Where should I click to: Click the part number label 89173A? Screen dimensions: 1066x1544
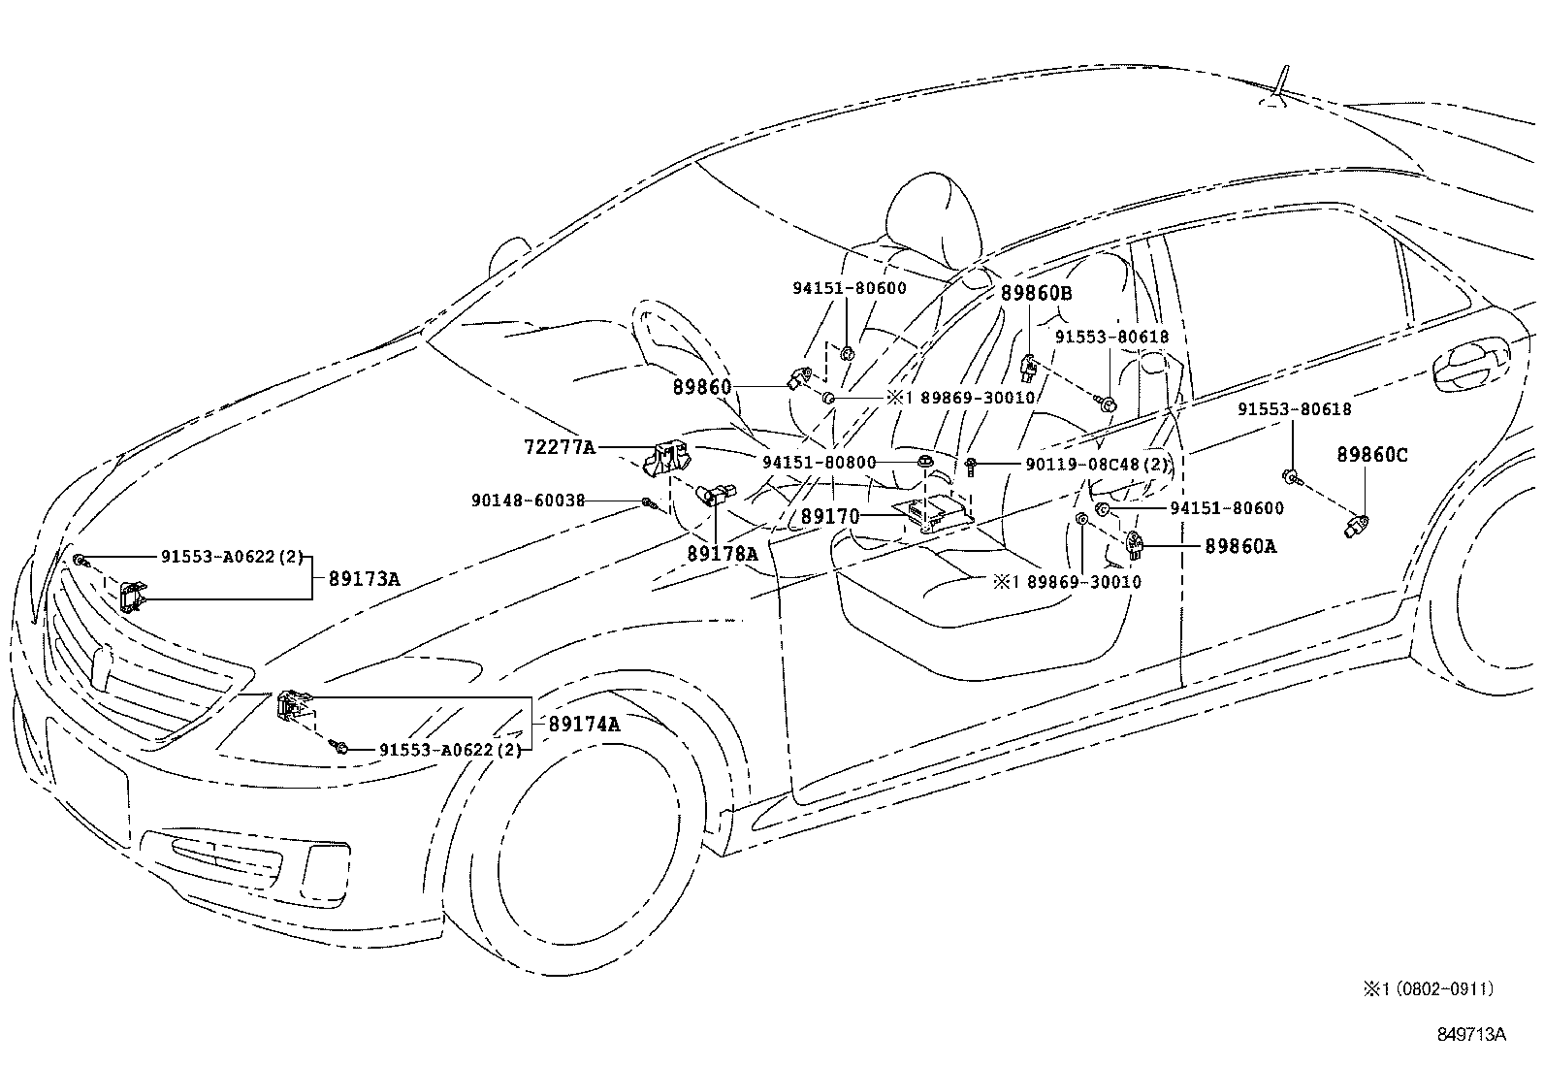(364, 579)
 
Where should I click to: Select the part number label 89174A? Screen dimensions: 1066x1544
(584, 724)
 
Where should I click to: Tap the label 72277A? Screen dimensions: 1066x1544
(559, 447)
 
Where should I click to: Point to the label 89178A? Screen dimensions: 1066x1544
(722, 554)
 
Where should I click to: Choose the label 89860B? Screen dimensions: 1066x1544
(1037, 294)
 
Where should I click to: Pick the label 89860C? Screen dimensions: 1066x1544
(1371, 455)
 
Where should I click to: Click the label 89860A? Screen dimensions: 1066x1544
(1240, 547)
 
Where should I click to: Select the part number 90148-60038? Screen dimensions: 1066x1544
(528, 501)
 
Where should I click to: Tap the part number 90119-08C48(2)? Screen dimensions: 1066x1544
(1096, 465)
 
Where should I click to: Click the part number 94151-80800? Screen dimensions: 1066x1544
(819, 464)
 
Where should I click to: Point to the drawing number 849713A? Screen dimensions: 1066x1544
(1470, 1034)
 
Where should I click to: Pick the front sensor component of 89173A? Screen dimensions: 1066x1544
(133, 597)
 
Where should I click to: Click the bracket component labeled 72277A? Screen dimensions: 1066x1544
(668, 458)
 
